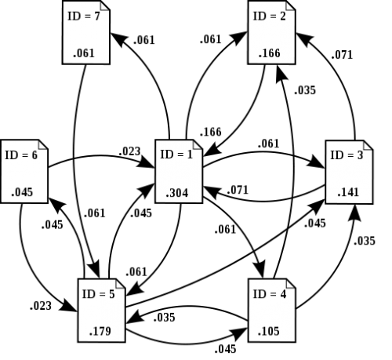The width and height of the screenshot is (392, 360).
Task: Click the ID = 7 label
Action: [84, 16]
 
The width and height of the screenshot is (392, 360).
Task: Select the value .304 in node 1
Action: [177, 193]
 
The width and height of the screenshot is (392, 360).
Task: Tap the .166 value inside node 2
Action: [270, 53]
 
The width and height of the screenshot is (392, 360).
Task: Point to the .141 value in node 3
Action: [348, 192]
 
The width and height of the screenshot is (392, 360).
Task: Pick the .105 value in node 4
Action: [269, 331]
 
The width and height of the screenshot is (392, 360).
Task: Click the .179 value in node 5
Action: [100, 331]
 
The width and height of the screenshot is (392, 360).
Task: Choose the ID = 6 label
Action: [21, 155]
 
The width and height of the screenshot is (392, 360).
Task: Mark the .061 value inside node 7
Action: [84, 53]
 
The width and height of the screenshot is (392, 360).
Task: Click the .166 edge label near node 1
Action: [211, 132]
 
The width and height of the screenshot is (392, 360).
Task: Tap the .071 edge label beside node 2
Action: [342, 55]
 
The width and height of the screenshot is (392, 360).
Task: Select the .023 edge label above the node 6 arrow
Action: [129, 151]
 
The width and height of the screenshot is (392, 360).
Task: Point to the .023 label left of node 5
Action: [41, 306]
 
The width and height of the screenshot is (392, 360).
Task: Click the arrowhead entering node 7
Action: [118, 39]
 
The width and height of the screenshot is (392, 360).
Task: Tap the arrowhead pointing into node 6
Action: [55, 205]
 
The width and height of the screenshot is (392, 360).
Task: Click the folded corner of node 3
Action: [368, 145]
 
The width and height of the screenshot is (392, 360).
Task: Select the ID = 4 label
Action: [270, 294]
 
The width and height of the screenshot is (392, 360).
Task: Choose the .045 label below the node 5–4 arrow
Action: [225, 349]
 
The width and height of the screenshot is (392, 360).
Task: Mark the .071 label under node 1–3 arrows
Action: [238, 190]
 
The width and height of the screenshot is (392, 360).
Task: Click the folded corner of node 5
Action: [121, 284]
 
